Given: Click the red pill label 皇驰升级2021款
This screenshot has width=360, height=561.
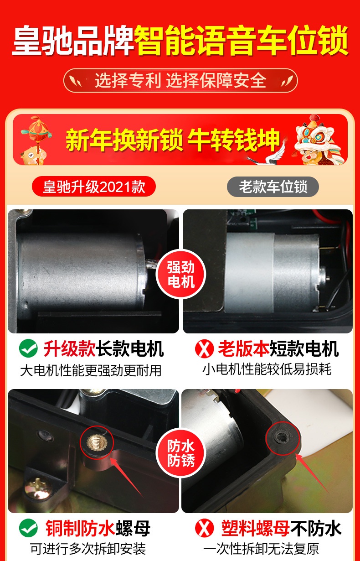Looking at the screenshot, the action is click(94, 187).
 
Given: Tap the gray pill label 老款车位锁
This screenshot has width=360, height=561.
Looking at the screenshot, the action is click(273, 187).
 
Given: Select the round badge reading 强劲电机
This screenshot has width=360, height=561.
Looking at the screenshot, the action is click(181, 275).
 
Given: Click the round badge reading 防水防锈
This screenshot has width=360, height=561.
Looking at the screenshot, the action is click(181, 453).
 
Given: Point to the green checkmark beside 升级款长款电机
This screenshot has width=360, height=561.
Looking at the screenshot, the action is click(28, 348).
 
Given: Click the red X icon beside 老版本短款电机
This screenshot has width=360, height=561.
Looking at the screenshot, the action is click(205, 348).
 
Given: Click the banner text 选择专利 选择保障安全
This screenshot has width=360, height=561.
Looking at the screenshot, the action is click(180, 81).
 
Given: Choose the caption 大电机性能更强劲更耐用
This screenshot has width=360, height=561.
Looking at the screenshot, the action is click(91, 370).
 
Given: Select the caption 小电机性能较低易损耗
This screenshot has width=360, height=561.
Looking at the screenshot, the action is click(267, 369).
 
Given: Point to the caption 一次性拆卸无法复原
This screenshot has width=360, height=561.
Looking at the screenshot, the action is click(261, 549).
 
